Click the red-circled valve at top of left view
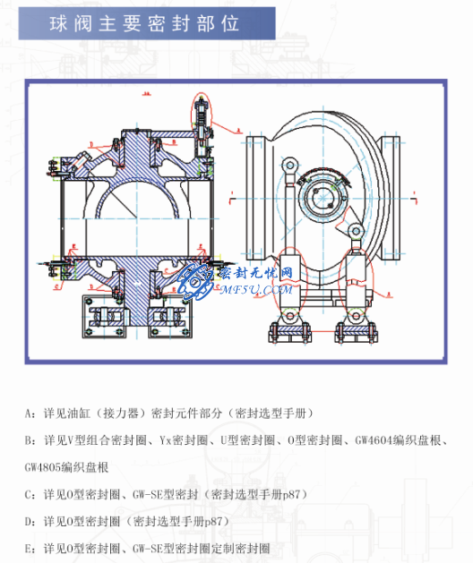click(201, 117)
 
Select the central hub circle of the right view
click(319, 192)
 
